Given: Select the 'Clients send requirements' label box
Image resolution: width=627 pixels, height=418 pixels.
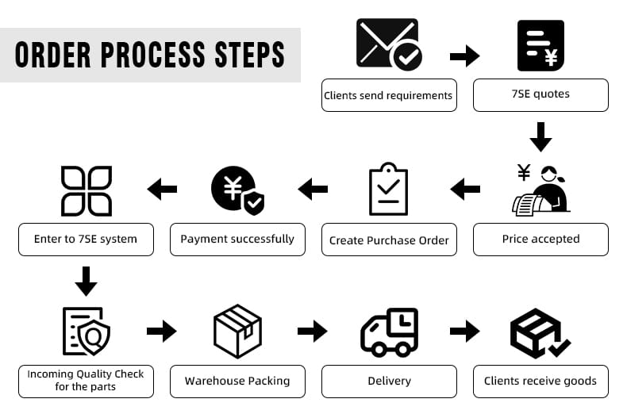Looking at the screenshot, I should click(x=389, y=95).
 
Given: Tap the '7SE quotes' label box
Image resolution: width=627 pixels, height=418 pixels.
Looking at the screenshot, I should click(x=540, y=94).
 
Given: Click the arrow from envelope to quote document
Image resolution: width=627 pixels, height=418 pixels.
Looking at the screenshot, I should click(x=464, y=56).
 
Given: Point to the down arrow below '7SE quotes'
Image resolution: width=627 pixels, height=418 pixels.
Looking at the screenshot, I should click(x=540, y=136).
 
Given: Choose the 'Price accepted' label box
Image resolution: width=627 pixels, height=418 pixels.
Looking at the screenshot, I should click(x=540, y=239).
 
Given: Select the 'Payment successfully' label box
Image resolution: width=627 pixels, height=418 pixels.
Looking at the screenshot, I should click(x=237, y=239).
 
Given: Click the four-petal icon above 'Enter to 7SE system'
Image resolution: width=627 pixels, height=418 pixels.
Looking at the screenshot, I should click(x=87, y=190).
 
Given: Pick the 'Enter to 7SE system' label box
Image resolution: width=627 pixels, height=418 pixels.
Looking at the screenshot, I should click(x=86, y=239).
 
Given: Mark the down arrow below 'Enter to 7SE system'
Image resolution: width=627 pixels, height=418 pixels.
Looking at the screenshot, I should click(x=86, y=282).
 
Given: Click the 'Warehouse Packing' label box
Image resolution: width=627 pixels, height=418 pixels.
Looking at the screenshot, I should click(x=237, y=381).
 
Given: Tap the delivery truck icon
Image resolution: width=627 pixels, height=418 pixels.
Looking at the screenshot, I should click(x=389, y=332).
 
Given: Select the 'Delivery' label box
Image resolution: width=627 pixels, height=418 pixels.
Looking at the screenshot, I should click(x=389, y=381).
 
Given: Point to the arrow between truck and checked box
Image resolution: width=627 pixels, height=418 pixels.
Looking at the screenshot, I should click(x=464, y=331).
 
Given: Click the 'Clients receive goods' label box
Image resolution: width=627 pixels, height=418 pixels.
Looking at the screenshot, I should click(x=540, y=381).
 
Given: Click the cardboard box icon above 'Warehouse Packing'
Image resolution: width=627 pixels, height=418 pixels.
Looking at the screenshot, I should click(x=237, y=332).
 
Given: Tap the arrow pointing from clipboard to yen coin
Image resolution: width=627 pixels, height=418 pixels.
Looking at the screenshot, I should click(x=313, y=189).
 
